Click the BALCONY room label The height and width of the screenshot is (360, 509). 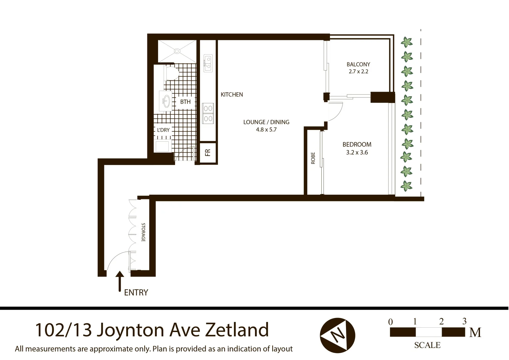coord(358,64)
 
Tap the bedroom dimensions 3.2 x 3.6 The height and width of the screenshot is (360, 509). coord(357,153)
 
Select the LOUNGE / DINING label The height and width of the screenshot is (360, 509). coord(266,122)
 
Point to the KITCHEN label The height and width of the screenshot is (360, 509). coord(232,95)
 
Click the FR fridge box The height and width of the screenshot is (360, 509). coord(208,153)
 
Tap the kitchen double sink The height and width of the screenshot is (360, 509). coord(208,63)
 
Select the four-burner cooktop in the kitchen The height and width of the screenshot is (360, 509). coord(208,113)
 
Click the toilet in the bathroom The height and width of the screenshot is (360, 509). coord(171,73)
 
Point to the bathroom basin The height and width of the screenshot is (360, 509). coord(166,100)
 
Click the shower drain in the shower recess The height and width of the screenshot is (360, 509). coord(177,51)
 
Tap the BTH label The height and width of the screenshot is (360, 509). coord(185,102)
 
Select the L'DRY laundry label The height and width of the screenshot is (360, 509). coord(163,130)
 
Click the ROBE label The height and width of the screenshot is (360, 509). coord(313,158)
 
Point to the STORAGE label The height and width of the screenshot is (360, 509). coord(143,232)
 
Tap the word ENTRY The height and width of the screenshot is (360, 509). coord(136,292)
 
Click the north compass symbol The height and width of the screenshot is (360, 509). coord(337,335)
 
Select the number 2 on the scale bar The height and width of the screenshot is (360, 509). coord(441,321)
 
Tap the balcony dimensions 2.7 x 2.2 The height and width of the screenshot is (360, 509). coord(358,72)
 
